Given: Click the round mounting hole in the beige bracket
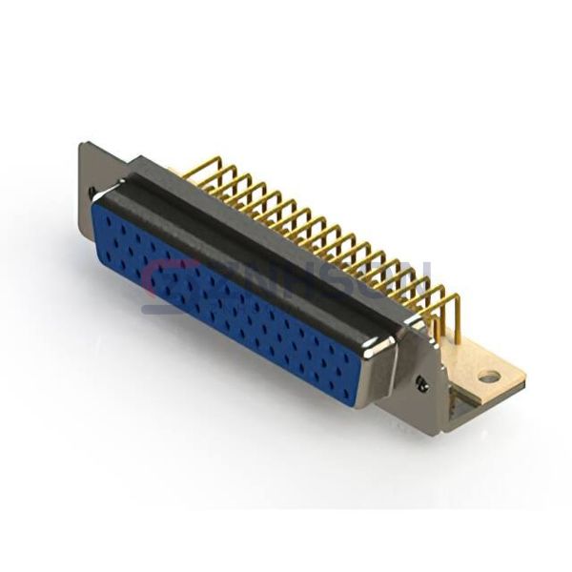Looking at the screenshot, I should pyautogui.click(x=488, y=377).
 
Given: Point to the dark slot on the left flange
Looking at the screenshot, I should pyautogui.click(x=92, y=193).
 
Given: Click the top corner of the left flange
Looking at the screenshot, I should pyautogui.click(x=84, y=145).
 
